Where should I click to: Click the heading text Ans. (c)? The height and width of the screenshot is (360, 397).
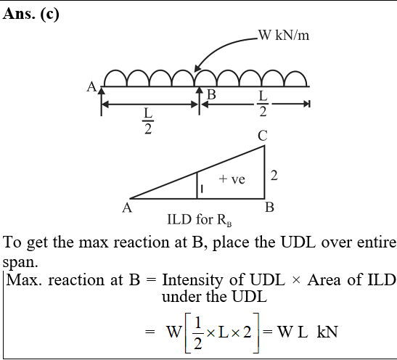[31, 14]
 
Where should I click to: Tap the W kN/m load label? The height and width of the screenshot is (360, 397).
[284, 35]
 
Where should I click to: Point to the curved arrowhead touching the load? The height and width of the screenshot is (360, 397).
[197, 68]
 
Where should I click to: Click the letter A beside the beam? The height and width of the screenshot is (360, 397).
[91, 87]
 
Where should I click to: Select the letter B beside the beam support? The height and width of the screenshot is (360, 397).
[212, 94]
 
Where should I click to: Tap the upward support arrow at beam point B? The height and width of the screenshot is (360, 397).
[200, 101]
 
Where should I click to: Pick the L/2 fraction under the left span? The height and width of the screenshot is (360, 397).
[148, 121]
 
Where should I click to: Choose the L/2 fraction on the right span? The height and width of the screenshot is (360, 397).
[263, 104]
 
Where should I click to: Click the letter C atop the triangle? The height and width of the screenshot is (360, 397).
[263, 136]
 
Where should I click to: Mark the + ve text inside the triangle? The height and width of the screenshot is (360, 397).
[232, 179]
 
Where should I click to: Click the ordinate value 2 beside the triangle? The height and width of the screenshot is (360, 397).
[274, 176]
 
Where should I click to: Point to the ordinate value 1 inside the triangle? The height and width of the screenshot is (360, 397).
[202, 189]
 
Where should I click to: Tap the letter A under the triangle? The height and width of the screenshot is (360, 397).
[127, 208]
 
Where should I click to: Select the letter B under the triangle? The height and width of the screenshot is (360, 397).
[270, 208]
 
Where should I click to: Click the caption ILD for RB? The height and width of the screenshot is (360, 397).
[200, 220]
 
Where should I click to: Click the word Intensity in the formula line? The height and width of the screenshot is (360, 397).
[192, 280]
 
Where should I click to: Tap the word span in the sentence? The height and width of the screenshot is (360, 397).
[20, 262]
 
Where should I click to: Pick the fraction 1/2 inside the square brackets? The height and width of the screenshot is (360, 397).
[197, 333]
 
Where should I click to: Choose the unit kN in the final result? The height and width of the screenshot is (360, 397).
[327, 332]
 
